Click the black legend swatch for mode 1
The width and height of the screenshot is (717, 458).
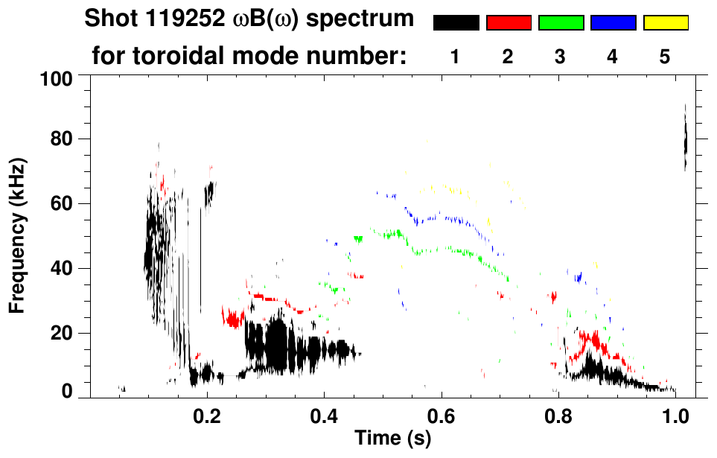[456, 23]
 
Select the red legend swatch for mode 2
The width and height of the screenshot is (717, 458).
[509, 23]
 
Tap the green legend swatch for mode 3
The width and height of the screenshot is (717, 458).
[561, 23]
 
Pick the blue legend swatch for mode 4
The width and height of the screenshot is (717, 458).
[613, 23]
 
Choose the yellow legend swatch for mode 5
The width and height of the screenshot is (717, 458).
[666, 23]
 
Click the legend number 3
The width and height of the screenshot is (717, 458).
[560, 57]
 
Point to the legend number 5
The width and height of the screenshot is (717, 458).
[665, 57]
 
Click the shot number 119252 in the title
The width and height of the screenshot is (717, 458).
[173, 19]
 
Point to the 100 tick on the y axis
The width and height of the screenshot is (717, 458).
[57, 77]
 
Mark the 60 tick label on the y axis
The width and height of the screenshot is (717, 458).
[62, 203]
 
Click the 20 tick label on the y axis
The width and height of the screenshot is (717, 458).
[62, 333]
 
